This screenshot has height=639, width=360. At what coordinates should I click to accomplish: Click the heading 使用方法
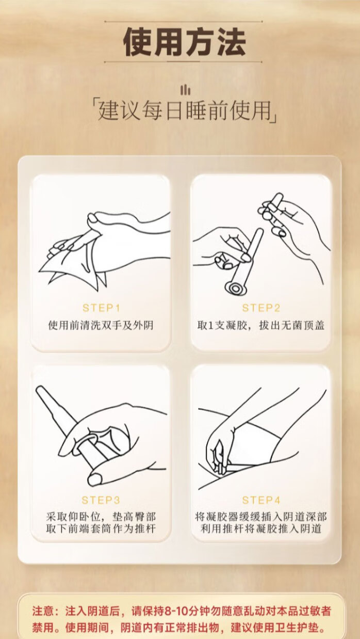pyautogui.click(x=185, y=42)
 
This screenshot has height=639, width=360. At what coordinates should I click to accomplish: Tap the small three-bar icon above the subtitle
pyautogui.click(x=185, y=90)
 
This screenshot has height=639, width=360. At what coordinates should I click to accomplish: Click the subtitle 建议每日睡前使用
pyautogui.click(x=185, y=110)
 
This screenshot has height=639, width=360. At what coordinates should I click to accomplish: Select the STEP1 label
pyautogui.click(x=101, y=308)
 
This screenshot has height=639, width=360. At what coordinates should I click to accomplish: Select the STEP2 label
pyautogui.click(x=261, y=308)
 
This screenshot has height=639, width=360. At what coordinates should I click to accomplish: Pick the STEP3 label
pyautogui.click(x=101, y=500)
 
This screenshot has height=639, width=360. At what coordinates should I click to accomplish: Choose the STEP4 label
pyautogui.click(x=261, y=500)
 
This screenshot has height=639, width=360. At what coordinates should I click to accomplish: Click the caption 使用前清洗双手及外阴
pyautogui.click(x=101, y=325)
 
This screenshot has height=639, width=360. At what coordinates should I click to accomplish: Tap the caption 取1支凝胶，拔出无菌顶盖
pyautogui.click(x=261, y=325)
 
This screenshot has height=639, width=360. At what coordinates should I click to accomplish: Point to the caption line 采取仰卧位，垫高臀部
pyautogui.click(x=101, y=517)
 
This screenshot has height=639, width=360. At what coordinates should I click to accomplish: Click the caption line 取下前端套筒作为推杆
pyautogui.click(x=101, y=529)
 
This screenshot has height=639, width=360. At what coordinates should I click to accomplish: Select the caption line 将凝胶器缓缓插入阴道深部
pyautogui.click(x=261, y=517)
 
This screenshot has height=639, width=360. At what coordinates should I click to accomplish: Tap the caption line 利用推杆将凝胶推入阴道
pyautogui.click(x=261, y=529)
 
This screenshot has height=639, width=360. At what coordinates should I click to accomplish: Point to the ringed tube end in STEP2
pyautogui.click(x=235, y=288)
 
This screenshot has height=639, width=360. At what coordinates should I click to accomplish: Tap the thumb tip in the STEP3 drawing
pyautogui.click(x=95, y=478)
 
